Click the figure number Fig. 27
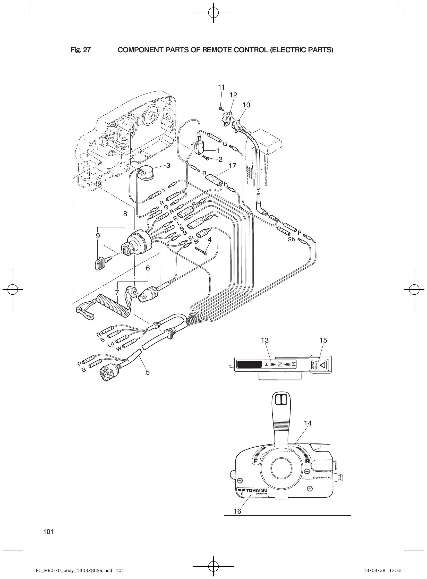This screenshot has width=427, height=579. pyautogui.click(x=80, y=50)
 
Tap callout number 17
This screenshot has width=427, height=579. pyautogui.click(x=232, y=166)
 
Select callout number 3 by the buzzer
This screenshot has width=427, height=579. pyautogui.click(x=168, y=165)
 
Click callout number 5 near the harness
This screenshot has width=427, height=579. pyautogui.click(x=148, y=372)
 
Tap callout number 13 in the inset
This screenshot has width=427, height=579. pyautogui.click(x=265, y=340)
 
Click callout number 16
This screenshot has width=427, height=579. pyautogui.click(x=237, y=511)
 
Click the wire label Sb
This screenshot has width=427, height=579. pyautogui.click(x=291, y=240)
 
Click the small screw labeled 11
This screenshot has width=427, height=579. pyautogui.click(x=220, y=108)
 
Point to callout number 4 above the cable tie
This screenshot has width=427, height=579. pyautogui.click(x=209, y=240)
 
